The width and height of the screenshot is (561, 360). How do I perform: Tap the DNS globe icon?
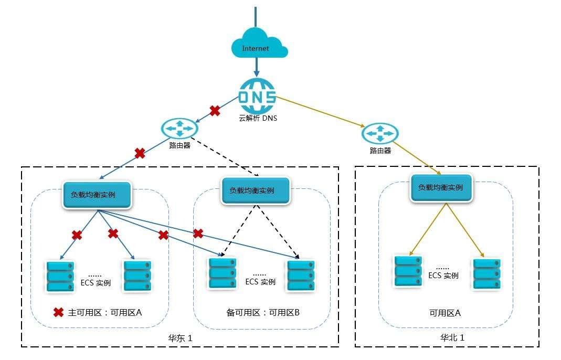click(257, 96)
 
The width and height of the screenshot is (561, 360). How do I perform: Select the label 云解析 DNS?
click(257, 118)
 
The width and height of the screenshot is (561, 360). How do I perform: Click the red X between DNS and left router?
click(215, 110)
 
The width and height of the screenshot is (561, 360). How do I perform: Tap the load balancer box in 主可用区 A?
click(97, 194)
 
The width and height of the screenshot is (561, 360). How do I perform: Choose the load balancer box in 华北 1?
click(440, 187)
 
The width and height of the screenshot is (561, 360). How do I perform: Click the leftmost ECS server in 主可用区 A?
click(60, 277)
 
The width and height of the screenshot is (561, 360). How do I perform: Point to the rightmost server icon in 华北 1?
click(486, 274)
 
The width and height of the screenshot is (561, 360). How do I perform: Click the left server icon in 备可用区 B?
click(222, 274)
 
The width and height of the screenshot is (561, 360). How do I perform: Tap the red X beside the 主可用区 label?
click(59, 312)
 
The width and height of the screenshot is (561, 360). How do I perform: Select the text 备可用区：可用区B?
click(259, 313)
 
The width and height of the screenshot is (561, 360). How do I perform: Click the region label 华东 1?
click(180, 338)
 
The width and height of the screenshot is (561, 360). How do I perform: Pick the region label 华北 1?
click(452, 338)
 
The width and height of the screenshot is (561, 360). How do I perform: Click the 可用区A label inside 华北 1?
click(445, 313)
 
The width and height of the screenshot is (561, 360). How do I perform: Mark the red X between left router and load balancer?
click(140, 153)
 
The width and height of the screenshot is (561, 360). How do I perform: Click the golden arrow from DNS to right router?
click(320, 111)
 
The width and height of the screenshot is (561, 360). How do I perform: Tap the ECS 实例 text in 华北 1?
click(443, 276)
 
